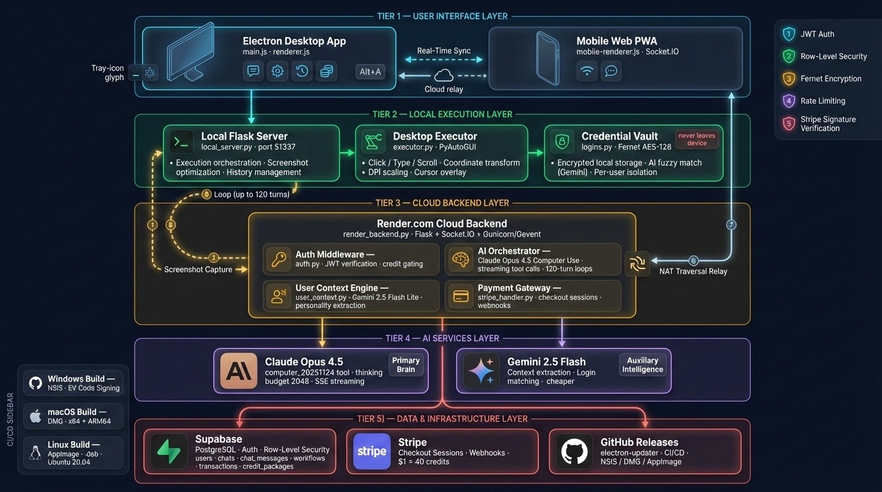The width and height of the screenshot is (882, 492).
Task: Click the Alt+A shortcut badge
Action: (370, 71)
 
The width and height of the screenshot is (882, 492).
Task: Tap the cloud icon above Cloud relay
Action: (444, 76)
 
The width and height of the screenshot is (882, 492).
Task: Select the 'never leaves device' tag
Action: (697, 139)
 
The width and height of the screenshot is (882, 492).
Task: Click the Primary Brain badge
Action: (406, 365)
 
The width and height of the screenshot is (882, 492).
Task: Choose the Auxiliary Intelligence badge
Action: (642, 365)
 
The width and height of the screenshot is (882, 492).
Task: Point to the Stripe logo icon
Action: (372, 451)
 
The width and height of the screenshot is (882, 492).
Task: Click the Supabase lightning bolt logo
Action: (169, 451)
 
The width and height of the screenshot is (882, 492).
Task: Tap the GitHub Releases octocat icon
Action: (574, 451)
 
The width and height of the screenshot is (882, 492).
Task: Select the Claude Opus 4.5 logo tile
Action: (238, 371)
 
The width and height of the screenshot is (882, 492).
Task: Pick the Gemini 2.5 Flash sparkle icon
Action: (481, 371)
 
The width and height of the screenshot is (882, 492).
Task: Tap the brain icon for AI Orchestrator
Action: (461, 259)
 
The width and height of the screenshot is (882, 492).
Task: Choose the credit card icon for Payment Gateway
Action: (461, 296)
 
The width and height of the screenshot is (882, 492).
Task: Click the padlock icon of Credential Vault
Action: (562, 142)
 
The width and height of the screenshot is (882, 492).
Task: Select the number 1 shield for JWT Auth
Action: (788, 34)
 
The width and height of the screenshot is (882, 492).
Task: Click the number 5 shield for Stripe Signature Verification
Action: (788, 123)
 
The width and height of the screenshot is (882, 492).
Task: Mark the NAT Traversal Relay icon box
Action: (638, 264)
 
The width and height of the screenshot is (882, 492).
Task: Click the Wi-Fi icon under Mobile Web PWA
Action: (587, 71)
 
